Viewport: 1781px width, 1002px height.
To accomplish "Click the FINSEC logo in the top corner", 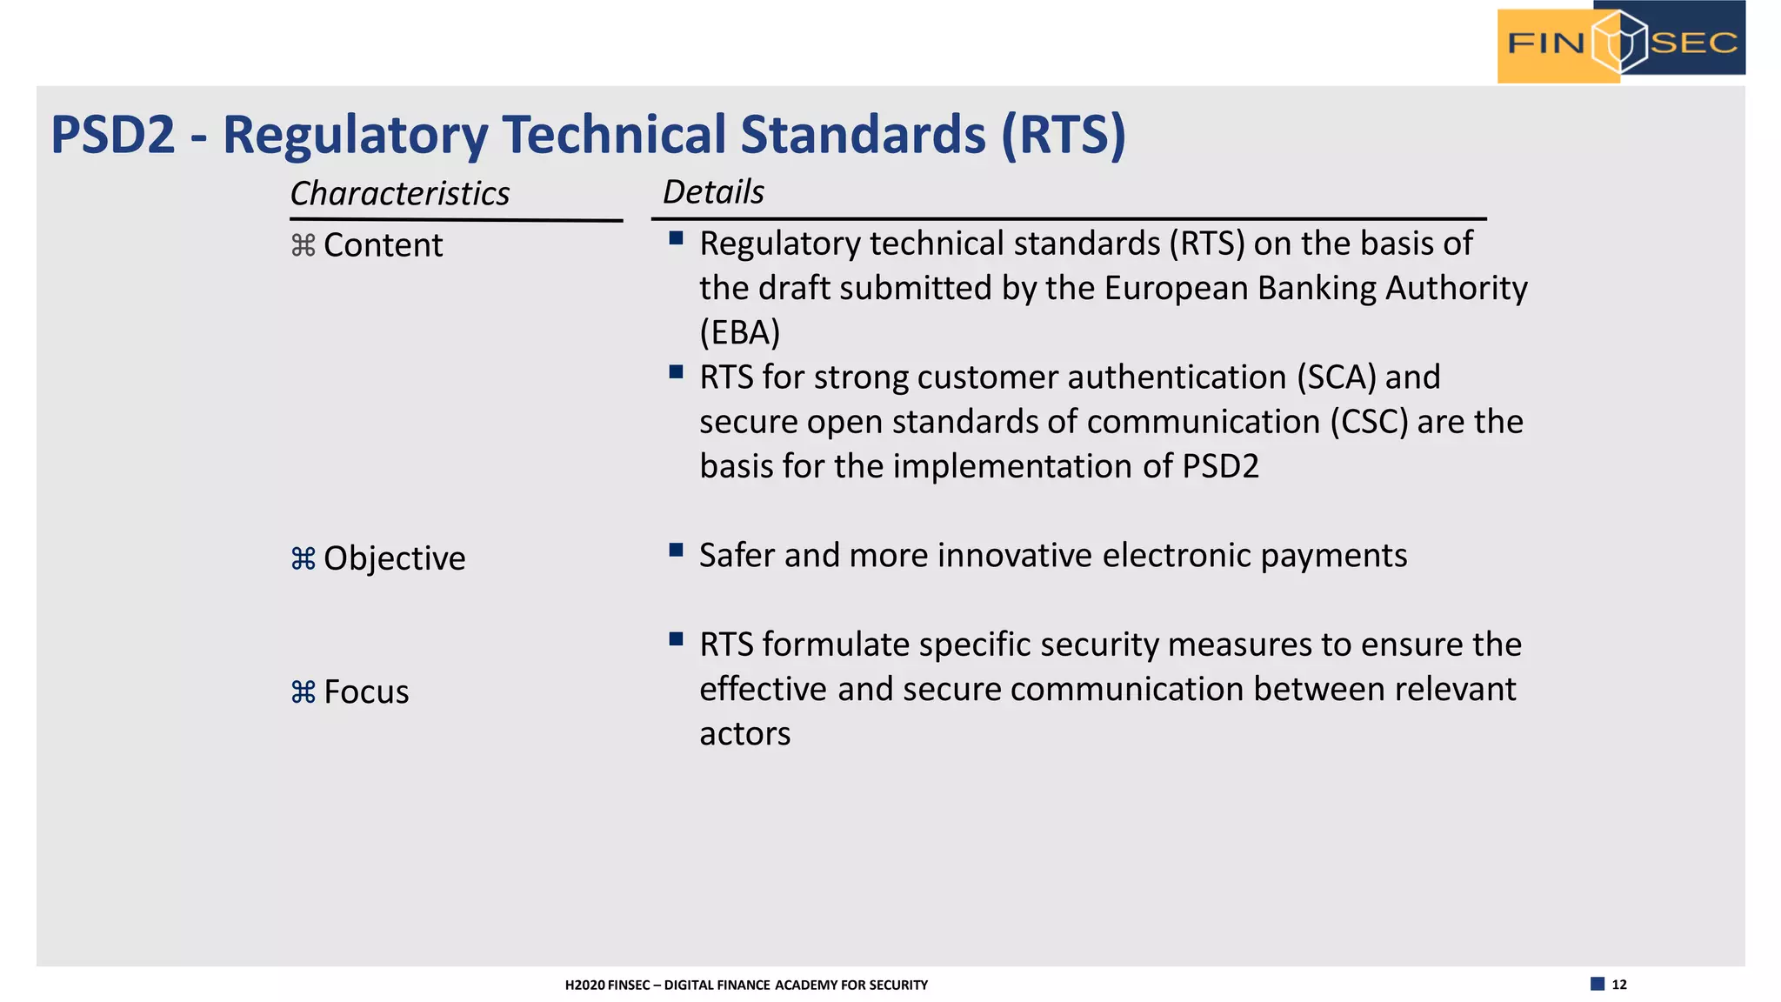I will (x=1621, y=43).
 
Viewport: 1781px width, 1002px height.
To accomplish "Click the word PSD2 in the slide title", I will (x=113, y=136).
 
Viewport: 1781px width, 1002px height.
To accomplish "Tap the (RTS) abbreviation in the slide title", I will (x=1063, y=136).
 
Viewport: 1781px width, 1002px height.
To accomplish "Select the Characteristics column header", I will (x=400, y=194).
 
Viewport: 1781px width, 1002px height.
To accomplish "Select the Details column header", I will (x=713, y=192).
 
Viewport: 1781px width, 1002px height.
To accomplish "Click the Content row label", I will (x=383, y=246).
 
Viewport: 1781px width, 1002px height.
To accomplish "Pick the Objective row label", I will (x=394, y=558).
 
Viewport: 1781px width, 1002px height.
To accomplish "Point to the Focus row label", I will (x=366, y=692).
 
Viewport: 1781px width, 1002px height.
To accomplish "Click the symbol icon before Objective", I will (x=303, y=558).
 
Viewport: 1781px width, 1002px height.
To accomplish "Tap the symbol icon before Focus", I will (x=303, y=692).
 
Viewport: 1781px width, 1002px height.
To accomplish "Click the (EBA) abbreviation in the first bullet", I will (x=740, y=333).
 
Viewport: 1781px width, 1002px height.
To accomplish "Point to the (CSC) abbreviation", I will (x=1369, y=422).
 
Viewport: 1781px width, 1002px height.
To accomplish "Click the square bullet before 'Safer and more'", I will (x=676, y=550).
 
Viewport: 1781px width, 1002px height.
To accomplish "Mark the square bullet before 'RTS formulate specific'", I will (x=676, y=639).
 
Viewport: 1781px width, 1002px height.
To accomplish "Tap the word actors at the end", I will (x=744, y=734).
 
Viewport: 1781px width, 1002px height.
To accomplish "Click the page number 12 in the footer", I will (x=1619, y=985).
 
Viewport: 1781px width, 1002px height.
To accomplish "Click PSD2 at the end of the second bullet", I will (x=1220, y=467).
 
